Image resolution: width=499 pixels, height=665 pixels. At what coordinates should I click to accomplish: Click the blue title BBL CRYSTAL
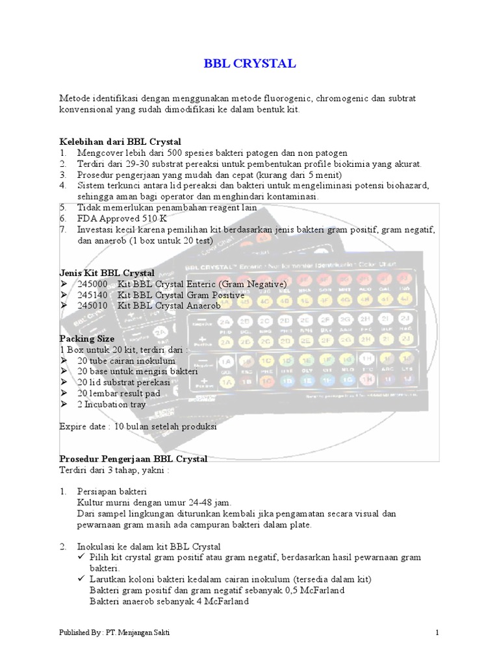(x=250, y=64)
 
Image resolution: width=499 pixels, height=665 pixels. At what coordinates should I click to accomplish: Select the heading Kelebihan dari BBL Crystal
(x=120, y=142)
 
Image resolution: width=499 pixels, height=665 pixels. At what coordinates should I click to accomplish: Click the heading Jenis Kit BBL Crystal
(x=107, y=273)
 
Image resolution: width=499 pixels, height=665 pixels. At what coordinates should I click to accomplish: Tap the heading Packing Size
(x=87, y=339)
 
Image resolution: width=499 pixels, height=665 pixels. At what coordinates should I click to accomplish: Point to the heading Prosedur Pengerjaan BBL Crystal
(x=133, y=459)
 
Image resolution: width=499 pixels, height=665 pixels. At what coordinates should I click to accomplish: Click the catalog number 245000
(x=93, y=284)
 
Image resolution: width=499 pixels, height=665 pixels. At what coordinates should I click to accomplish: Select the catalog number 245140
(x=93, y=295)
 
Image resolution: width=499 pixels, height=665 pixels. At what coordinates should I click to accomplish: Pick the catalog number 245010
(x=93, y=306)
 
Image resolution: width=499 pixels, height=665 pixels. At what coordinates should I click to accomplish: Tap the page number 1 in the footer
(x=437, y=633)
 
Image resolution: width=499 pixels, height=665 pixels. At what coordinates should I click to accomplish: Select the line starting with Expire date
(x=138, y=427)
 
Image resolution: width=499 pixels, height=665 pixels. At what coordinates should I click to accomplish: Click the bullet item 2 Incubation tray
(x=112, y=405)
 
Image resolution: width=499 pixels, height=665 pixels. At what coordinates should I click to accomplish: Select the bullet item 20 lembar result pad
(x=118, y=394)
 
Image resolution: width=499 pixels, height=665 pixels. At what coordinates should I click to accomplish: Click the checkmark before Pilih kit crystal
(x=82, y=557)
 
